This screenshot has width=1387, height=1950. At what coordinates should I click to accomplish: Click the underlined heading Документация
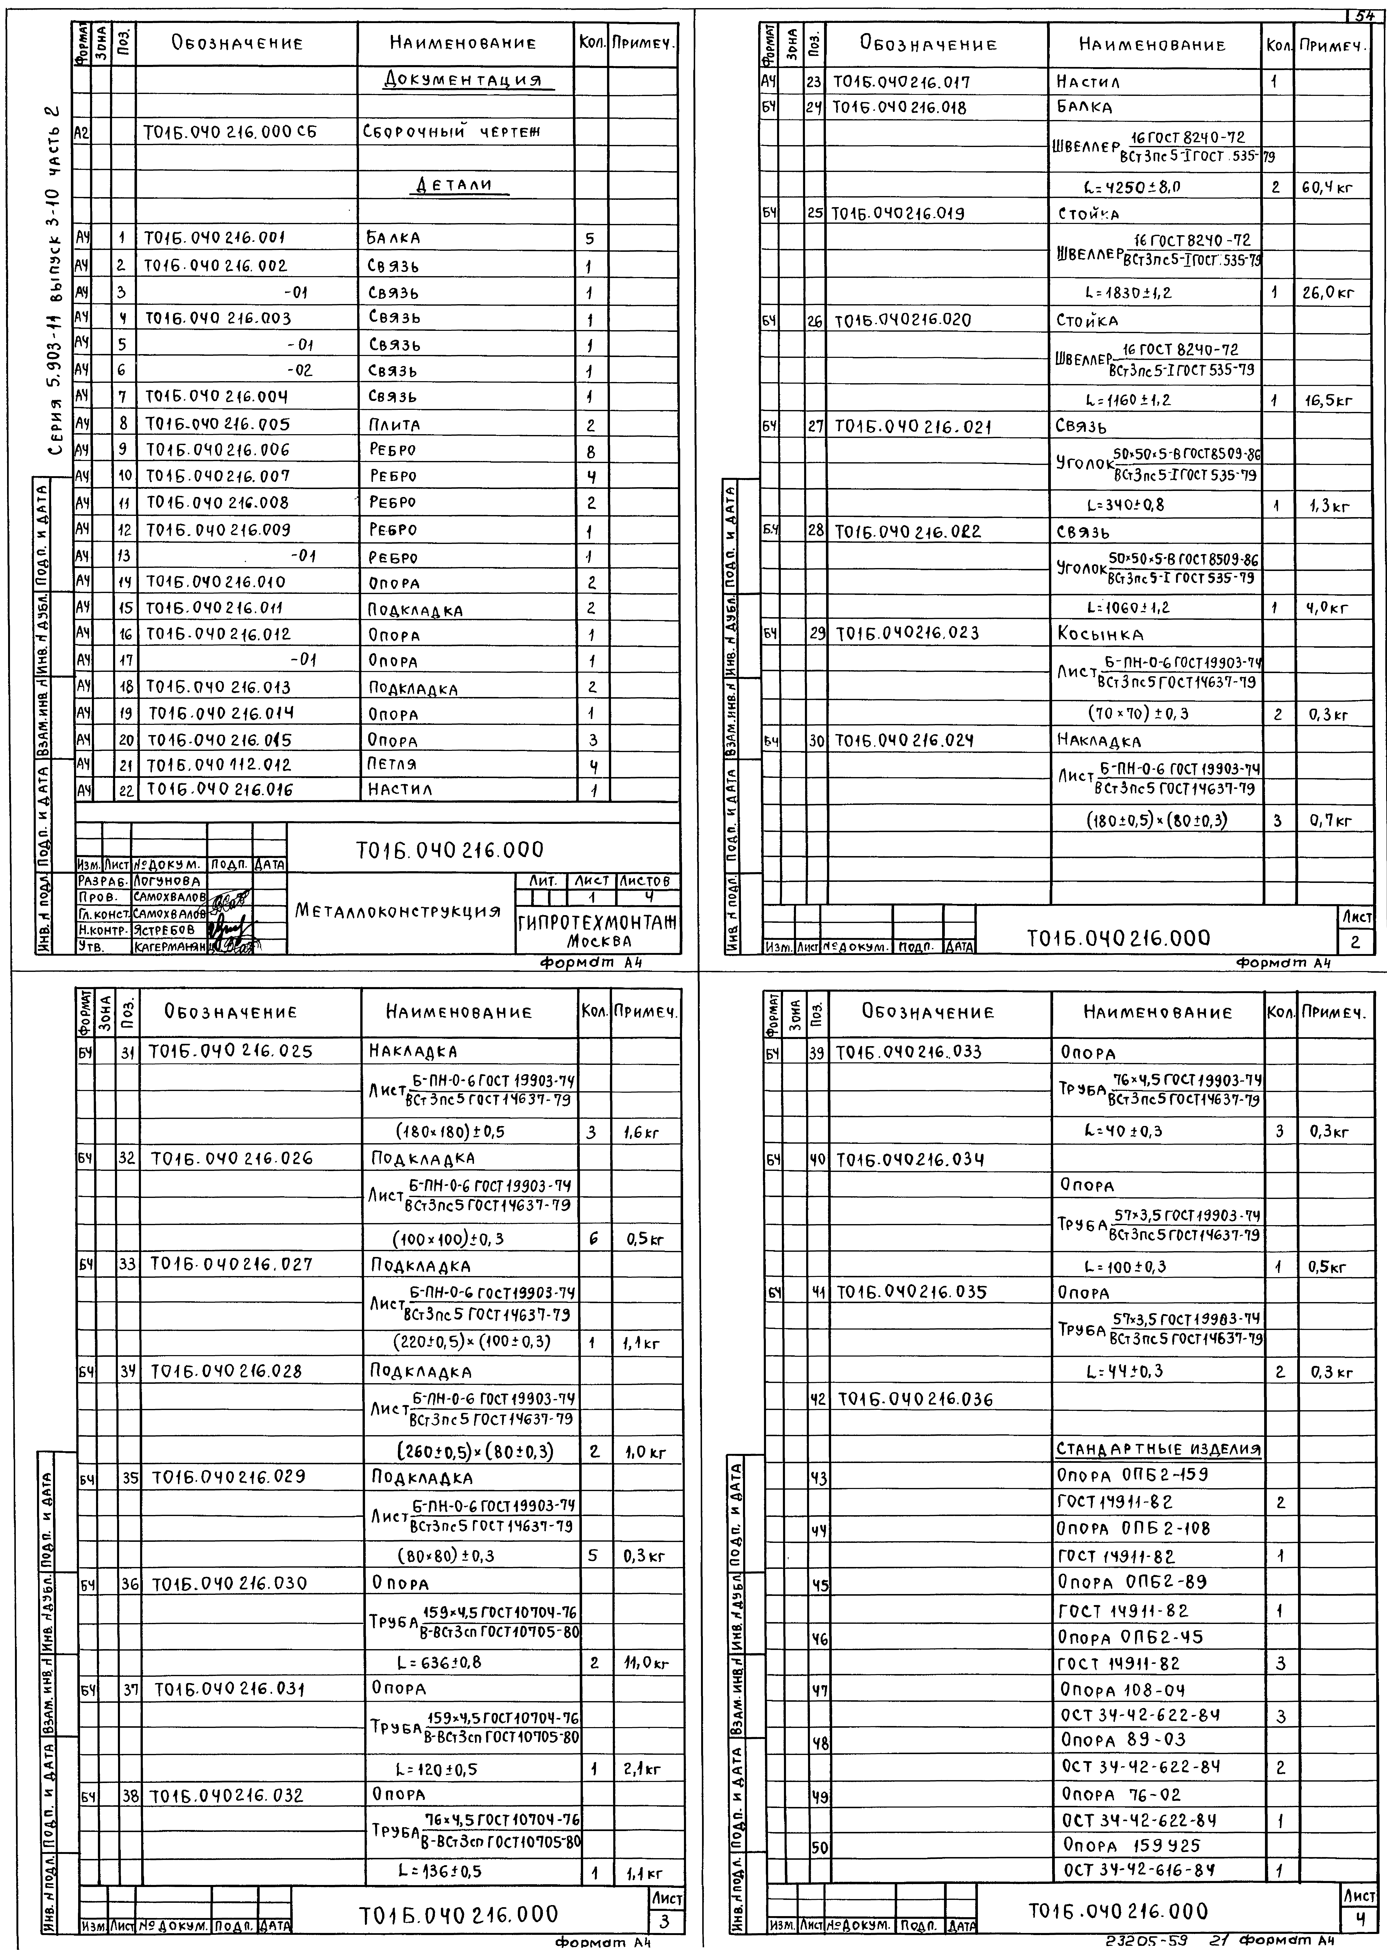pyautogui.click(x=465, y=80)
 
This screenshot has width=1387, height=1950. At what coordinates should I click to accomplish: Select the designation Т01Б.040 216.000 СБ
pyautogui.click(x=230, y=132)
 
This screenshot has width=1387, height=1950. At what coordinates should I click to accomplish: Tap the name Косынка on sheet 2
pyautogui.click(x=1100, y=635)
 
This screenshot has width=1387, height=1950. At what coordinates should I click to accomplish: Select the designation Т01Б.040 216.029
pyautogui.click(x=228, y=1477)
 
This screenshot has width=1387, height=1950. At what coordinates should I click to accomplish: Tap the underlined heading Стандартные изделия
pyautogui.click(x=1158, y=1450)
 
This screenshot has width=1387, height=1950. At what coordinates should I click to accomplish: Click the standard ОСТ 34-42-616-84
pyautogui.click(x=1139, y=1870)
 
